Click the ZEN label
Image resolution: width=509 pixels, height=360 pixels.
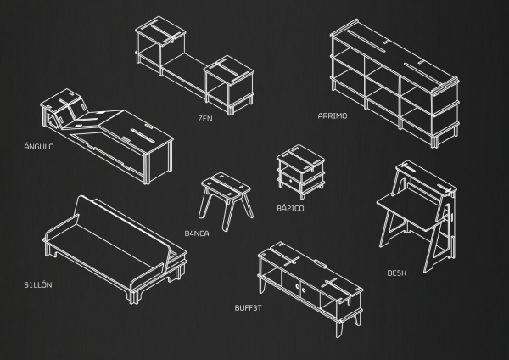pyautogui.click(x=205, y=119)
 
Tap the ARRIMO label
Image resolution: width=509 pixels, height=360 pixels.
pyautogui.click(x=333, y=116)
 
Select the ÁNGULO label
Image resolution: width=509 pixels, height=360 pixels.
pyautogui.click(x=39, y=146)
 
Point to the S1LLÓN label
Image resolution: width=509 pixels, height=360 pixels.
pyautogui.click(x=38, y=284)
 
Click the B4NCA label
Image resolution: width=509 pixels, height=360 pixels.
pyautogui.click(x=197, y=233)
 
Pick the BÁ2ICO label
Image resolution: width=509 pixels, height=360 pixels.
pyautogui.click(x=290, y=208)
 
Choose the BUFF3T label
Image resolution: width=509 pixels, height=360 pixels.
pyautogui.click(x=248, y=307)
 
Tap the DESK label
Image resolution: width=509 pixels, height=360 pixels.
pyautogui.click(x=396, y=273)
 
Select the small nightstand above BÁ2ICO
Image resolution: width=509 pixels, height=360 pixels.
pyautogui.click(x=301, y=172)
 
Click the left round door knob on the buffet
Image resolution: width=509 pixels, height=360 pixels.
pyautogui.click(x=298, y=287)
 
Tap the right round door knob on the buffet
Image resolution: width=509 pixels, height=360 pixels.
pyautogui.click(x=304, y=290)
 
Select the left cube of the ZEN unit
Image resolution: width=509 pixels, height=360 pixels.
pyautogui.click(x=160, y=46)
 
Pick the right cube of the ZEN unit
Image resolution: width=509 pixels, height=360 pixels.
pyautogui.click(x=229, y=85)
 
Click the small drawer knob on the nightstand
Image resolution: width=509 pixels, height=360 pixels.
pyautogui.click(x=290, y=181)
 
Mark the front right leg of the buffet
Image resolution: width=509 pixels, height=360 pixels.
pyautogui.click(x=338, y=328)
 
